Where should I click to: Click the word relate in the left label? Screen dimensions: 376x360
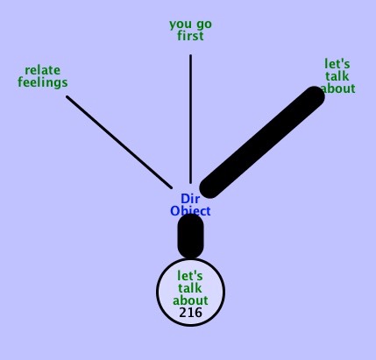pyautogui.click(x=43, y=70)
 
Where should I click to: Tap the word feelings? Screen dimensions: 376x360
pyautogui.click(x=43, y=82)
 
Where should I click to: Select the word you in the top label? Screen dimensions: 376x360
pyautogui.click(x=181, y=25)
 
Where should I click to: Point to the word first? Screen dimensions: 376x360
pyautogui.click(x=190, y=36)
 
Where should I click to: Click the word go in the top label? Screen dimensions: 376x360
pyautogui.click(x=204, y=25)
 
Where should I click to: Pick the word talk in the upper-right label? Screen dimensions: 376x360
pyautogui.click(x=337, y=76)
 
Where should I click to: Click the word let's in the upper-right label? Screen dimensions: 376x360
pyautogui.click(x=337, y=64)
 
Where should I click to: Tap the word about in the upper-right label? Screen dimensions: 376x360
pyautogui.click(x=338, y=88)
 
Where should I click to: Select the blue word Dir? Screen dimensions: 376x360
pyautogui.click(x=190, y=199)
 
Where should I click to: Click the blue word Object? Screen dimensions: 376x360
pyautogui.click(x=190, y=211)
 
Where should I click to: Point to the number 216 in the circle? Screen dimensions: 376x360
pyautogui.click(x=190, y=313)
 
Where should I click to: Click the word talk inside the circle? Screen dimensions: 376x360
pyautogui.click(x=190, y=288)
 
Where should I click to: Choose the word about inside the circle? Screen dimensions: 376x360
pyautogui.click(x=190, y=300)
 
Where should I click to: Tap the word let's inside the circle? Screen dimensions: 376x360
pyautogui.click(x=190, y=276)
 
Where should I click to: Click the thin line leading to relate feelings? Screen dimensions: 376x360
pyautogui.click(x=119, y=142)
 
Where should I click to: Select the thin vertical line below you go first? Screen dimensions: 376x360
pyautogui.click(x=191, y=119)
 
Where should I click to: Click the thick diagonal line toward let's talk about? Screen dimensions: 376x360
pyautogui.click(x=262, y=142)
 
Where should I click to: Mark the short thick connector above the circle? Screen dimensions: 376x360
pyautogui.click(x=190, y=236)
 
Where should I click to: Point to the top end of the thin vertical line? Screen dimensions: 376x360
pyautogui.click(x=191, y=55)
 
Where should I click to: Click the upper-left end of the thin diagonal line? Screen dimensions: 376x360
pyautogui.click(x=67, y=96)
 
